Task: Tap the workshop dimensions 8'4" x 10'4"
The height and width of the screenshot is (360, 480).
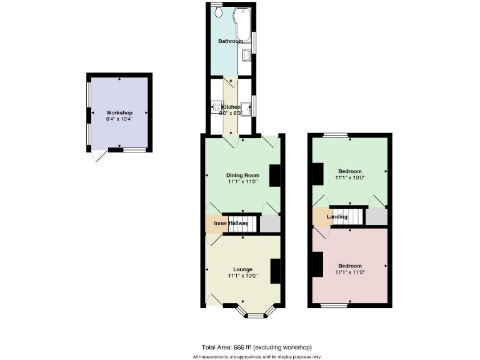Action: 119,119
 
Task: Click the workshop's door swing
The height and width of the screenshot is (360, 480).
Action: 97,156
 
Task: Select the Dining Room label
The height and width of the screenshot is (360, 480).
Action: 242,175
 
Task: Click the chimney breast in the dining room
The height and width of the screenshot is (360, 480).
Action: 274,175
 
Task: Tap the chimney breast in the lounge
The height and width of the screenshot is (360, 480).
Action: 274,270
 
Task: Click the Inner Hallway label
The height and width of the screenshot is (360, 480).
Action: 231,223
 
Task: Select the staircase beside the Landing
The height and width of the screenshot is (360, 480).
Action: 347,216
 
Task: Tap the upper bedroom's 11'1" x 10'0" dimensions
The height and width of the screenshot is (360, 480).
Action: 350,177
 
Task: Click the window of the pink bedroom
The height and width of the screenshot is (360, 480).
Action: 335,305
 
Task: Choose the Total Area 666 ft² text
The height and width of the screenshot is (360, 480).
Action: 256,347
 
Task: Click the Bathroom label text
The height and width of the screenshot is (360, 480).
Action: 231,41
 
